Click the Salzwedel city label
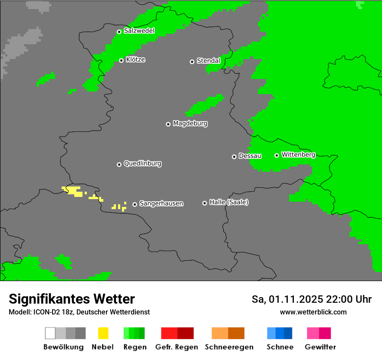[139, 31]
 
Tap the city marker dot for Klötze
[122, 60]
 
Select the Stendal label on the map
[208, 61]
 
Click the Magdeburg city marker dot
[168, 124]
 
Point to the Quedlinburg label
[142, 164]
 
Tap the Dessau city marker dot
[234, 157]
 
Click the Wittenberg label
[298, 155]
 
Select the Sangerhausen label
[161, 204]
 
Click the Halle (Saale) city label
[229, 203]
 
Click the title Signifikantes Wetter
[72, 299]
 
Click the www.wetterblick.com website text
[313, 312]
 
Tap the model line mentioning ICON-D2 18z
[79, 312]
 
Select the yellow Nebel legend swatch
[103, 333]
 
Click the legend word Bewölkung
[63, 347]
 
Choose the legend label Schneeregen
[229, 347]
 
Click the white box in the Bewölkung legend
[50, 333]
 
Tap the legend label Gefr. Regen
[176, 347]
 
